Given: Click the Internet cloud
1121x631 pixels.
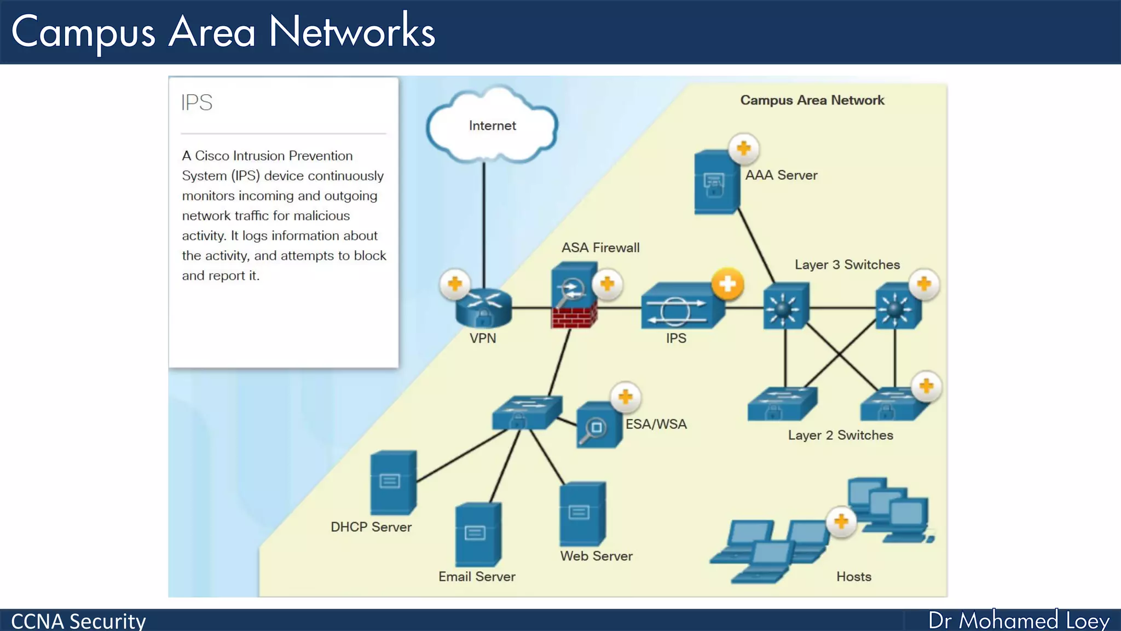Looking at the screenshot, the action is point(492,125).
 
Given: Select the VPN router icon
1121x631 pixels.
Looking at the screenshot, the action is point(484,308).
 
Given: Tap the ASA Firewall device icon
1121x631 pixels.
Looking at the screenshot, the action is point(574,295).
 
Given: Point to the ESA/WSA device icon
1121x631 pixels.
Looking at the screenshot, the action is point(599,425).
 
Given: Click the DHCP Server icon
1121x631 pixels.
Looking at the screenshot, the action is point(393,483).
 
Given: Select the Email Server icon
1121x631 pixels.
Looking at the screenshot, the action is point(478,535).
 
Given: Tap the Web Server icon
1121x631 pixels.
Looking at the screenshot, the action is point(582,514).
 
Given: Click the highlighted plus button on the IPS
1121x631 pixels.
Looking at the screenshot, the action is point(727,284).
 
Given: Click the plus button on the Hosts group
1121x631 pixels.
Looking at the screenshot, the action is point(841,521).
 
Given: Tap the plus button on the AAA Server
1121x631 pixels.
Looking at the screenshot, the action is point(743,148).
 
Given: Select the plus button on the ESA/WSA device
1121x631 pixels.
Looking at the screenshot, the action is point(626,397).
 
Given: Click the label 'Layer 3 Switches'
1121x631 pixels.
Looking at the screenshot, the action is point(847,265).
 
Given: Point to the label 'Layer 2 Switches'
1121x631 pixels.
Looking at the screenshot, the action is point(841,435).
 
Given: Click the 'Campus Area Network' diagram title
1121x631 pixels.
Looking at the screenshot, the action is point(812,100).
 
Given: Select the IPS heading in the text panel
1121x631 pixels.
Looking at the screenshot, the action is point(197,102).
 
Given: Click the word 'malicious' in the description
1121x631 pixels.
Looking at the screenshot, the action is point(322,216).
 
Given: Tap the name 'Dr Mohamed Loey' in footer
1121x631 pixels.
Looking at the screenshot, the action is point(1019,620).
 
